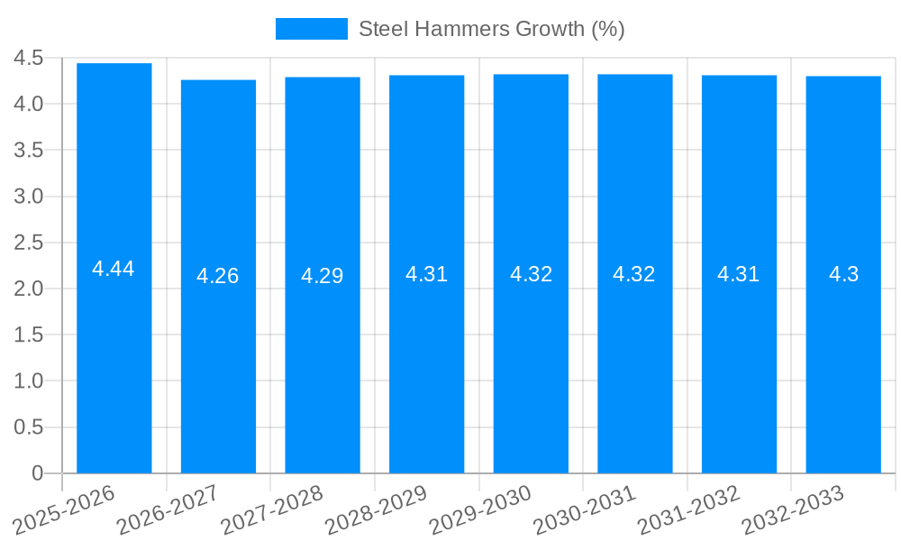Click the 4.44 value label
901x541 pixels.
tap(114, 269)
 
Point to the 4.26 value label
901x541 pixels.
tap(218, 276)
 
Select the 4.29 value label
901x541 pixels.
tap(323, 276)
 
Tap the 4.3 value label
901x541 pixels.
tap(843, 275)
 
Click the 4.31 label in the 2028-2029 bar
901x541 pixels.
tap(427, 275)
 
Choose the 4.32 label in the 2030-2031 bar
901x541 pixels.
tap(634, 275)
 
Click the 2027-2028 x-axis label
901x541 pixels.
tap(272, 509)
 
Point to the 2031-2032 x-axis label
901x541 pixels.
tap(688, 509)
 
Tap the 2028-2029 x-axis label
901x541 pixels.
tap(376, 509)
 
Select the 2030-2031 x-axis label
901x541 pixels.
tap(585, 509)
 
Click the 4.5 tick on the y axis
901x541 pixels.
tap(29, 59)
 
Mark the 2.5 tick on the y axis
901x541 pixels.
tap(29, 243)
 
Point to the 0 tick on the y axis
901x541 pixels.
tap(37, 473)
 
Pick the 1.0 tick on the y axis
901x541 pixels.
tap(29, 381)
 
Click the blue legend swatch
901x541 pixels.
tap(311, 29)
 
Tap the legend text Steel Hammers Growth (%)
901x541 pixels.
tap(491, 29)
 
